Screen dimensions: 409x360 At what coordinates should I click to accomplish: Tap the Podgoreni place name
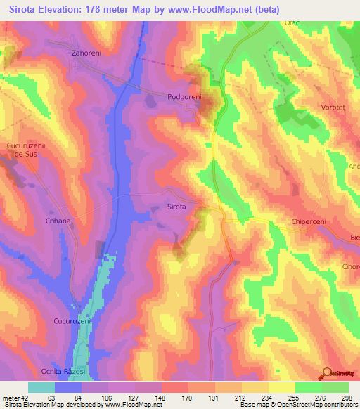tap(185, 97)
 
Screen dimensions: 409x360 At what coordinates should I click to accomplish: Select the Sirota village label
tap(176, 207)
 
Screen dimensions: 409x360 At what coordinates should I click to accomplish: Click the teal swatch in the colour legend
tap(41, 387)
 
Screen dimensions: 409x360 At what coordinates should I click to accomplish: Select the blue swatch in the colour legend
tap(68, 387)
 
